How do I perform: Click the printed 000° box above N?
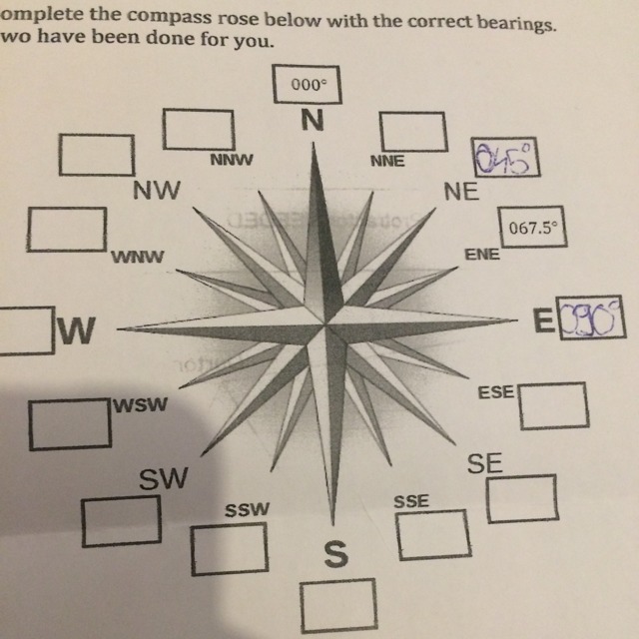click(309, 85)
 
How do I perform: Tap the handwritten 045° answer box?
click(507, 158)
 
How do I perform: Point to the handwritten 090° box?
click(589, 319)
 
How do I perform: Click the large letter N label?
click(312, 121)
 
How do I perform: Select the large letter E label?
click(543, 320)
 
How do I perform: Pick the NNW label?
click(231, 159)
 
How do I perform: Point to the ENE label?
click(482, 254)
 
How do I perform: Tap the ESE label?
click(496, 393)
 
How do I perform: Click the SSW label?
click(247, 509)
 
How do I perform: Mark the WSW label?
click(141, 405)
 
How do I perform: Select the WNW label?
click(138, 257)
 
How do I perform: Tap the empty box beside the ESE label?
click(551, 403)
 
